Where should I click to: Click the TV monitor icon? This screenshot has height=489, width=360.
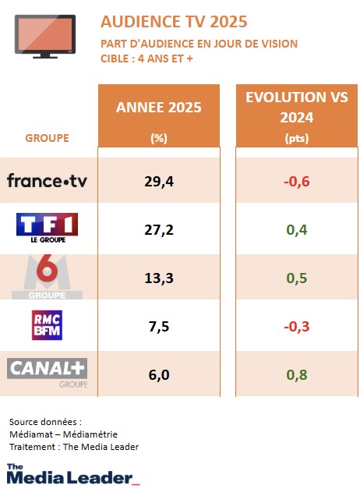pos(45,36)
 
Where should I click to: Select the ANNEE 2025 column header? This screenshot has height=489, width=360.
pos(158,108)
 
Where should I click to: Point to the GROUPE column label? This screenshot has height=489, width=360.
pos(47,138)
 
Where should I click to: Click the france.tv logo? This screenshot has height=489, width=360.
pos(47,181)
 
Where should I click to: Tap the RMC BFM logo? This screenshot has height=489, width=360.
pos(48,326)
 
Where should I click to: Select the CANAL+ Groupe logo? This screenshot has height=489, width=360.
pos(48,371)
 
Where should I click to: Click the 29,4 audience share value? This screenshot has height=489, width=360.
pos(158,182)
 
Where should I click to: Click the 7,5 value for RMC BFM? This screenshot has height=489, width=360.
pos(158,326)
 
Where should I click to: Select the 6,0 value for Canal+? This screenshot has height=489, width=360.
pos(158,374)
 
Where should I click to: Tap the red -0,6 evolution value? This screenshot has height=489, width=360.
pos(296,182)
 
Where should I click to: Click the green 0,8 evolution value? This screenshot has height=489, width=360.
pos(296,374)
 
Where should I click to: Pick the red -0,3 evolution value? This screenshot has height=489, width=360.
pos(296,326)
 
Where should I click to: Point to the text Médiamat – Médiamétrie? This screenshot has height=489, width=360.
pos(63,434)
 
